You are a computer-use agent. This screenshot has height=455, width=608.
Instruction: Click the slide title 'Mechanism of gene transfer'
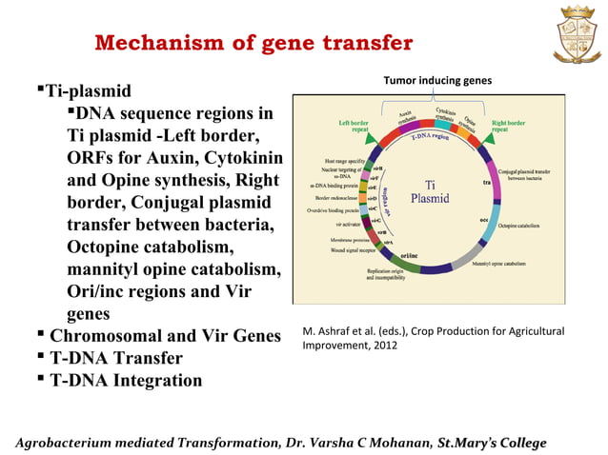(x=254, y=44)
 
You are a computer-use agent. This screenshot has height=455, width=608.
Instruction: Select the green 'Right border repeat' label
(x=508, y=127)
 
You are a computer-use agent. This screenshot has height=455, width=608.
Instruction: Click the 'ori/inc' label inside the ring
(x=409, y=254)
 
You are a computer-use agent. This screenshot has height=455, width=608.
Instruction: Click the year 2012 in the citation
(x=386, y=346)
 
